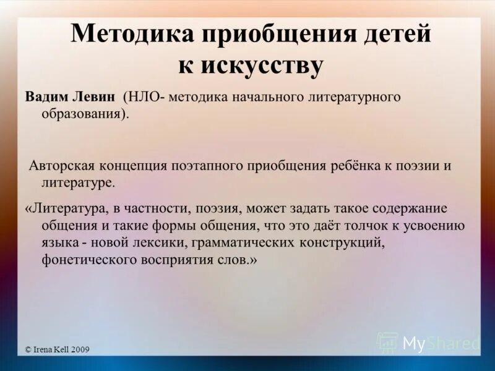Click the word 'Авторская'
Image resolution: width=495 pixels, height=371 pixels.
point(66,166)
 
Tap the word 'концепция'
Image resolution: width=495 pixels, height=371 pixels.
point(145,166)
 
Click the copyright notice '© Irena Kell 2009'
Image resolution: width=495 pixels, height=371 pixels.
point(57,349)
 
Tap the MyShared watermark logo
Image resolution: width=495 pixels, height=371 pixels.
point(428,342)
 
